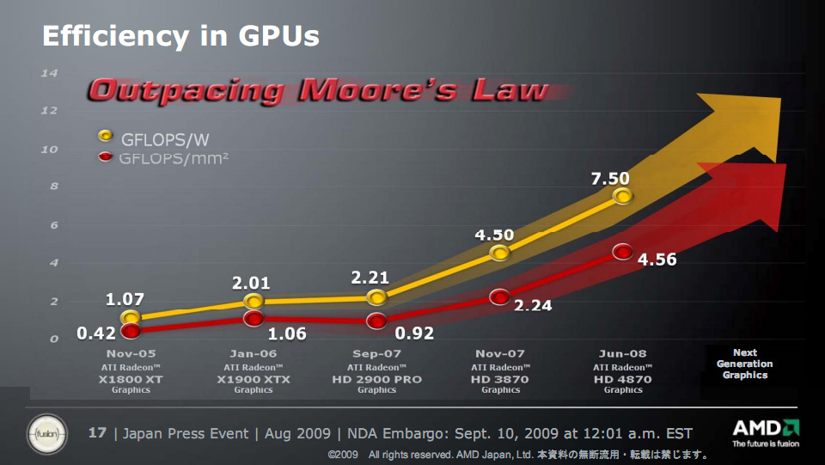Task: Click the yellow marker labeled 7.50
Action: click(x=623, y=196)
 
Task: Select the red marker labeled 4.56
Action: click(x=623, y=252)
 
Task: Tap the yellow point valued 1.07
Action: click(x=130, y=318)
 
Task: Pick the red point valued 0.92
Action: click(x=376, y=321)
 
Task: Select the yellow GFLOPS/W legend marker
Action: click(x=106, y=136)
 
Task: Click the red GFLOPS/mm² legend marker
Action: click(x=106, y=158)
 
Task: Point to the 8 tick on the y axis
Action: click(x=52, y=187)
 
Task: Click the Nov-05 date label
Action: click(x=131, y=353)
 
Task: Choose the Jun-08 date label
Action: click(x=623, y=353)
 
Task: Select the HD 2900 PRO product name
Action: click(x=376, y=378)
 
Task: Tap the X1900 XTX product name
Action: click(x=254, y=378)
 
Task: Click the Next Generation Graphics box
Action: click(x=744, y=364)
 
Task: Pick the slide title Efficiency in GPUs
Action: click(x=180, y=36)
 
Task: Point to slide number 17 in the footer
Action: click(x=98, y=433)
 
